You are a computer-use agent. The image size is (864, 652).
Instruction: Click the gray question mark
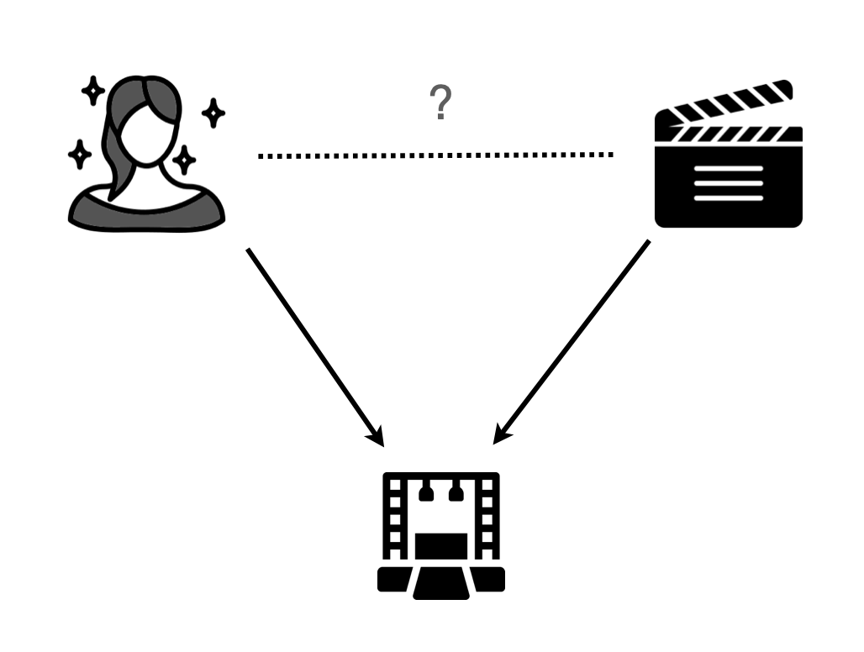pyautogui.click(x=440, y=104)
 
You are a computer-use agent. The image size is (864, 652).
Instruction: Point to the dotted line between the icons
pyautogui.click(x=435, y=155)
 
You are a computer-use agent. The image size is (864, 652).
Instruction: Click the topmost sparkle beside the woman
pyautogui.click(x=92, y=90)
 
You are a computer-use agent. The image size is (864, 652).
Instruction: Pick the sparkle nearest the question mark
pyautogui.click(x=213, y=113)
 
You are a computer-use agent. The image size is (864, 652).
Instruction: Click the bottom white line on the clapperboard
pyautogui.click(x=729, y=198)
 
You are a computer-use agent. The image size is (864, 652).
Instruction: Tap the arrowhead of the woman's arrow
pyautogui.click(x=375, y=436)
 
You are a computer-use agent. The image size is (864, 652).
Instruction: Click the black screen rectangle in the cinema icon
pyautogui.click(x=441, y=545)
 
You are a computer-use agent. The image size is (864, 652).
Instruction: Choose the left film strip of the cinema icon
pyautogui.click(x=394, y=517)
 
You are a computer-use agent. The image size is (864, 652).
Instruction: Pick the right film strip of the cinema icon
pyautogui.click(x=489, y=517)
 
